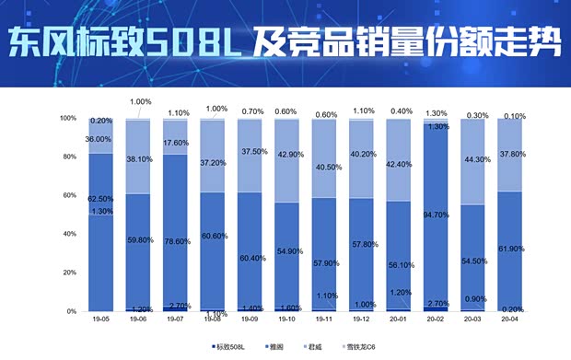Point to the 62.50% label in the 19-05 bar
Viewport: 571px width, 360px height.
coord(100,198)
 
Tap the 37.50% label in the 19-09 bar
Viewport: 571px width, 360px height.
coord(251,152)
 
